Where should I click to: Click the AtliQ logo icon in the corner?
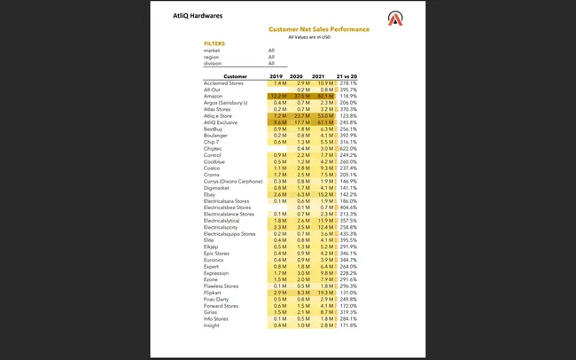tap(394, 19)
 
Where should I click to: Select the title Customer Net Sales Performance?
tap(319, 29)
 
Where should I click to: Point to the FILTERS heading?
tap(214, 43)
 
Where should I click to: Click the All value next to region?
tap(271, 57)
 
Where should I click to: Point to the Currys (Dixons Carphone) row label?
tap(234, 181)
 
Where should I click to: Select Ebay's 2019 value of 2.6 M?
tap(277, 194)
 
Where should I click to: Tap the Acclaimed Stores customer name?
tap(223, 82)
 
